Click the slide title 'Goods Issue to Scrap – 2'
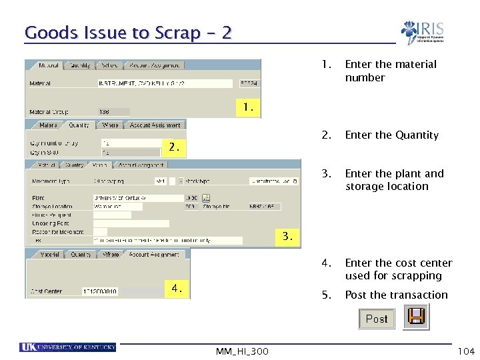[x=128, y=33]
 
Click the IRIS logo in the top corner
[x=422, y=33]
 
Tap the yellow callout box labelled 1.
[x=248, y=107]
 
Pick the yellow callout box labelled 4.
[x=176, y=288]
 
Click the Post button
[x=377, y=319]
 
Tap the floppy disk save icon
[x=417, y=316]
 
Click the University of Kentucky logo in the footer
[x=68, y=347]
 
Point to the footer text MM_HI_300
[x=242, y=351]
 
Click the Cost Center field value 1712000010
[x=99, y=291]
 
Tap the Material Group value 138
[x=105, y=112]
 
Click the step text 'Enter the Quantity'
[x=391, y=135]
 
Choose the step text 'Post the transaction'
[x=396, y=295]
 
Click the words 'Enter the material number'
[x=391, y=71]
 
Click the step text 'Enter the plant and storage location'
[x=394, y=180]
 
